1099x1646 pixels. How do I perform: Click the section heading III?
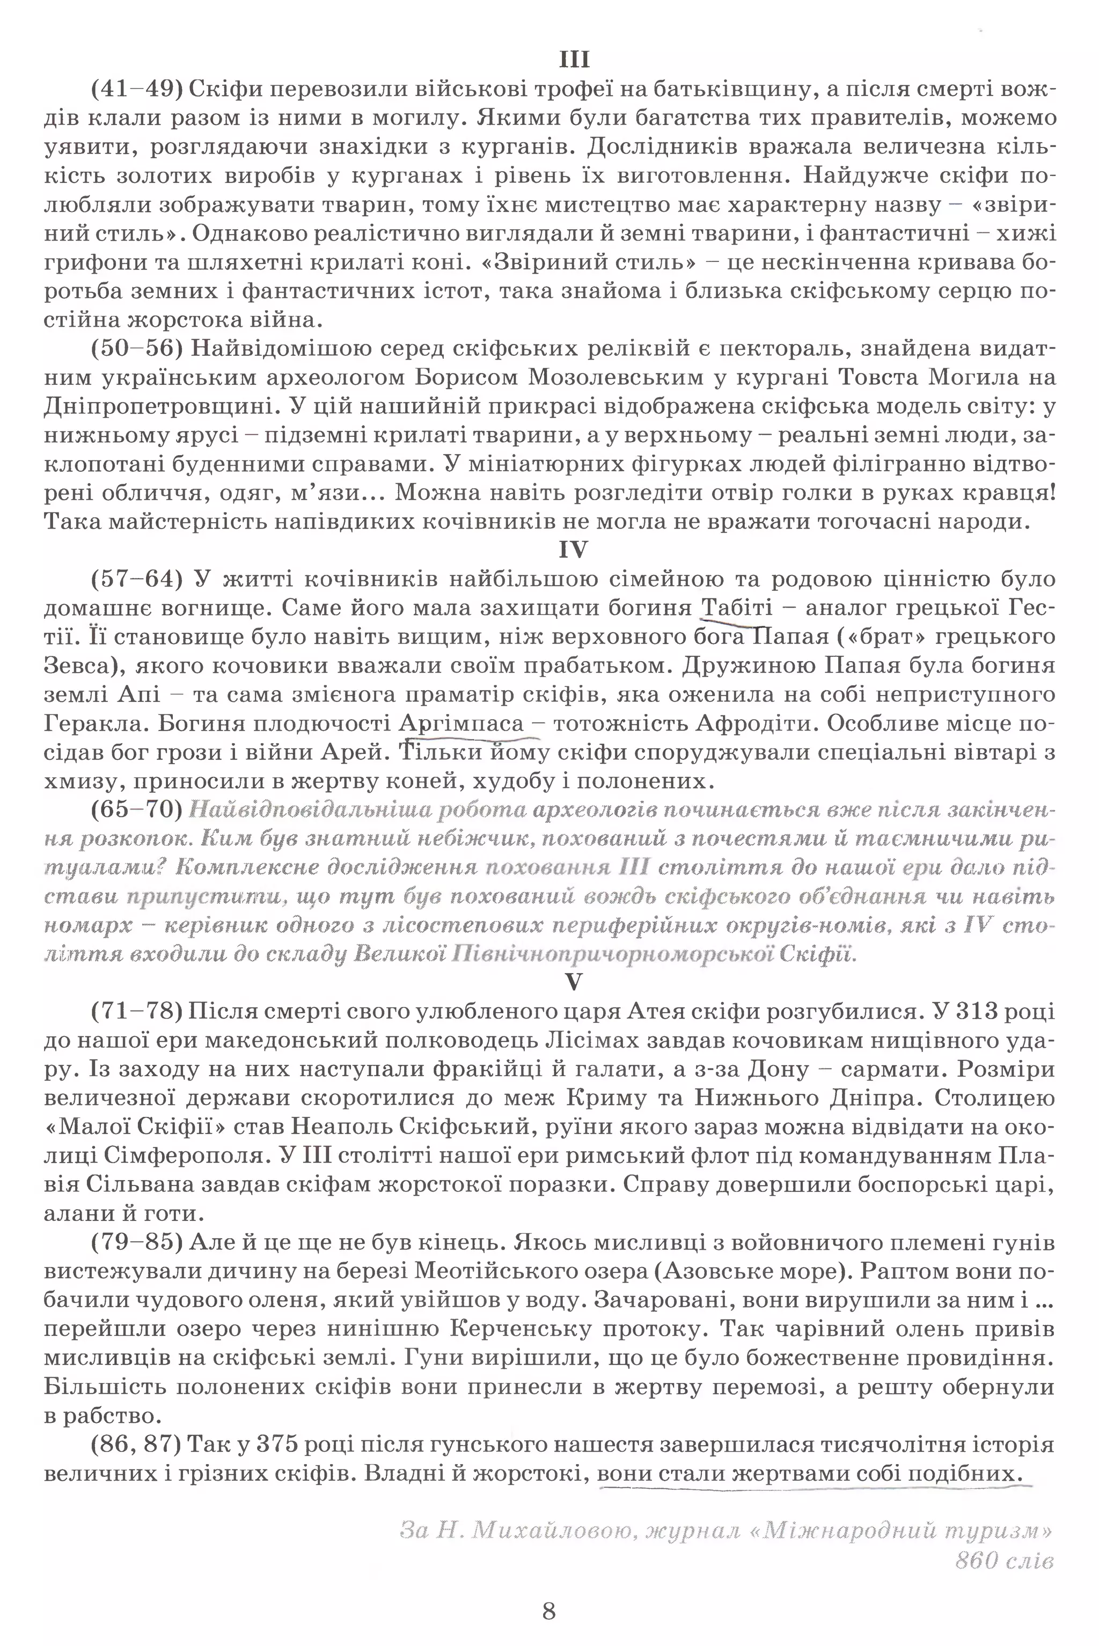574,60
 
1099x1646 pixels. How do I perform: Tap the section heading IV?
573,550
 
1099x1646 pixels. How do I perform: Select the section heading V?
573,983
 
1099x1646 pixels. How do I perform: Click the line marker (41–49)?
137,89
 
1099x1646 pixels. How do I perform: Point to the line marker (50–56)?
137,348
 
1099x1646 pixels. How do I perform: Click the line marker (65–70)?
137,810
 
